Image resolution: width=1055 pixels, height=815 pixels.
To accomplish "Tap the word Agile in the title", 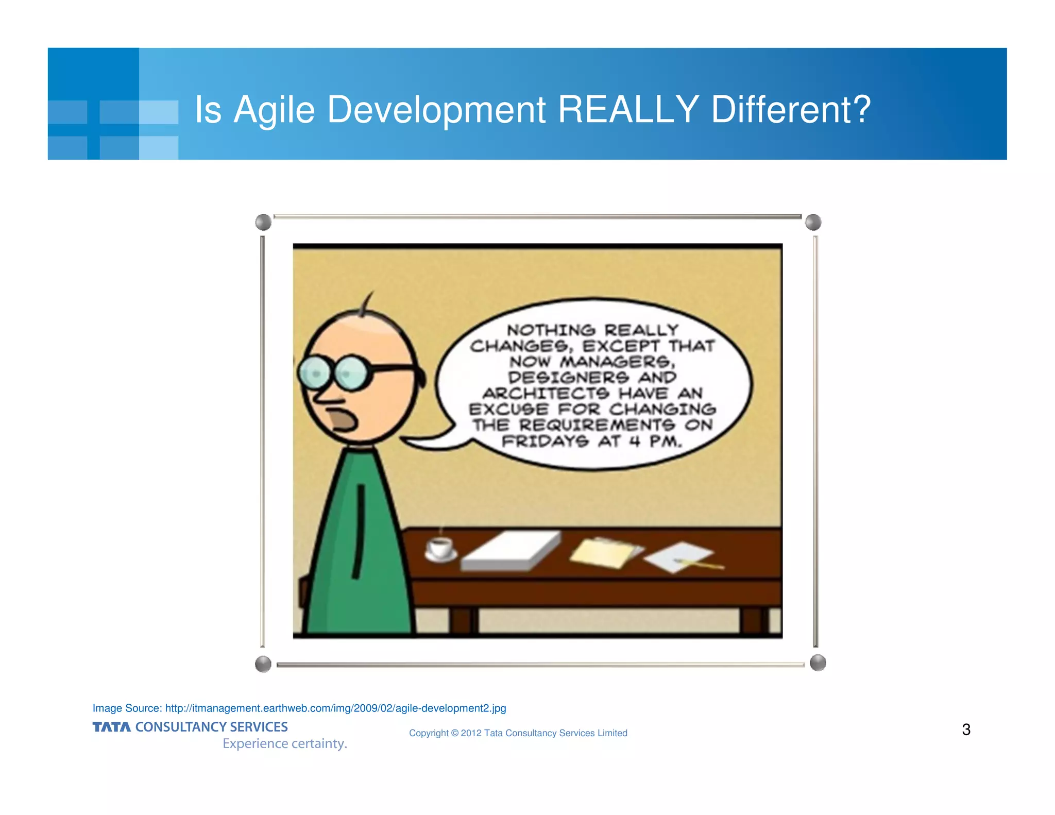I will (274, 110).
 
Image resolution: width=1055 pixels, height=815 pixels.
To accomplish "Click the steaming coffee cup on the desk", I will (440, 548).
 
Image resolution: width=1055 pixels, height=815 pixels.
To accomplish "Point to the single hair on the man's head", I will (367, 304).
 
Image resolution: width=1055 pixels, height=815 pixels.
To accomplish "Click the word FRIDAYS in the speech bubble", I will (545, 442).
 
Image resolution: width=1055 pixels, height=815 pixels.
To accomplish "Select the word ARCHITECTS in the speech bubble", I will (546, 394).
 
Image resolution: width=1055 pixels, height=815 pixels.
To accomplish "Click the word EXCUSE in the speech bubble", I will (509, 410).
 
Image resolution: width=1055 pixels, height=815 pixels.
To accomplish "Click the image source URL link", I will (335, 708).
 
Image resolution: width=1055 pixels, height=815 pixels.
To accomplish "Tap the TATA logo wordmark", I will (111, 727).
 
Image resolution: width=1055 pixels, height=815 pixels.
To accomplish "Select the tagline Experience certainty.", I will (285, 743).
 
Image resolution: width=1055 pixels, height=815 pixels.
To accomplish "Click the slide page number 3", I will (966, 729).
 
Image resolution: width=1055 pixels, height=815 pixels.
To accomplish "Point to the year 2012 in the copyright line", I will (471, 733).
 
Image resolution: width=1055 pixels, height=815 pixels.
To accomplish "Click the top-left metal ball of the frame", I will (263, 223).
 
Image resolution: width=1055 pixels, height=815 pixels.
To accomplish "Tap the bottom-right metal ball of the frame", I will (818, 663).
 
